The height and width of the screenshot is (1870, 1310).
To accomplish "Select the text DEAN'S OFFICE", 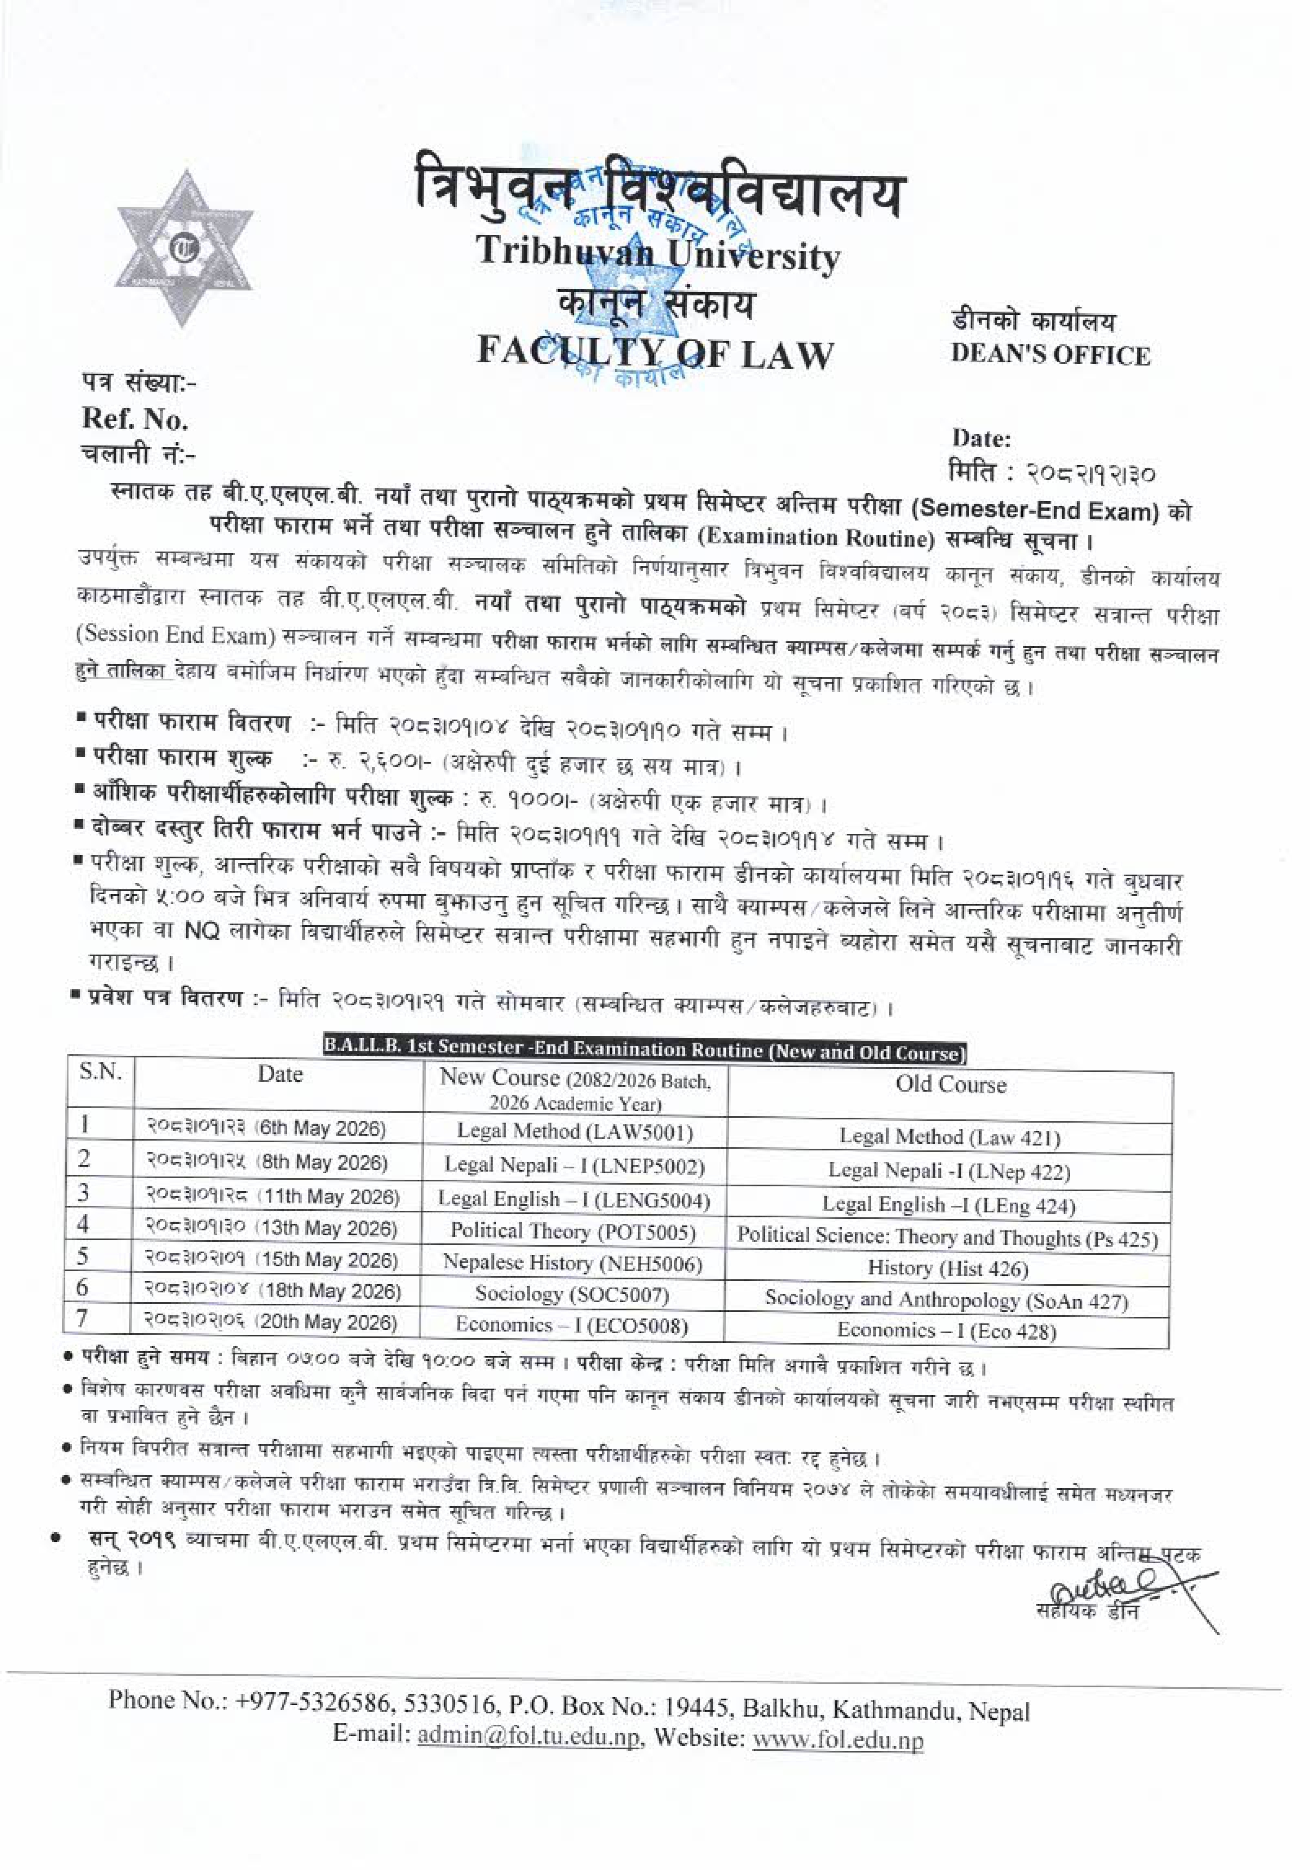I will click(x=1050, y=355).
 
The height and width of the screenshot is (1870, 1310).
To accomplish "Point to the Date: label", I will click(x=981, y=439).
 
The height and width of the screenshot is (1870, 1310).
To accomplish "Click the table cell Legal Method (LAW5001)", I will click(x=575, y=1131).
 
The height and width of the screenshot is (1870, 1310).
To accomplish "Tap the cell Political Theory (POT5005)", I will click(x=573, y=1231).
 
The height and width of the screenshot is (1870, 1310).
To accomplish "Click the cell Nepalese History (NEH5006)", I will click(x=573, y=1262).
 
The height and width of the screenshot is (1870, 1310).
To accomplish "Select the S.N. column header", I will click(x=100, y=1072).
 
